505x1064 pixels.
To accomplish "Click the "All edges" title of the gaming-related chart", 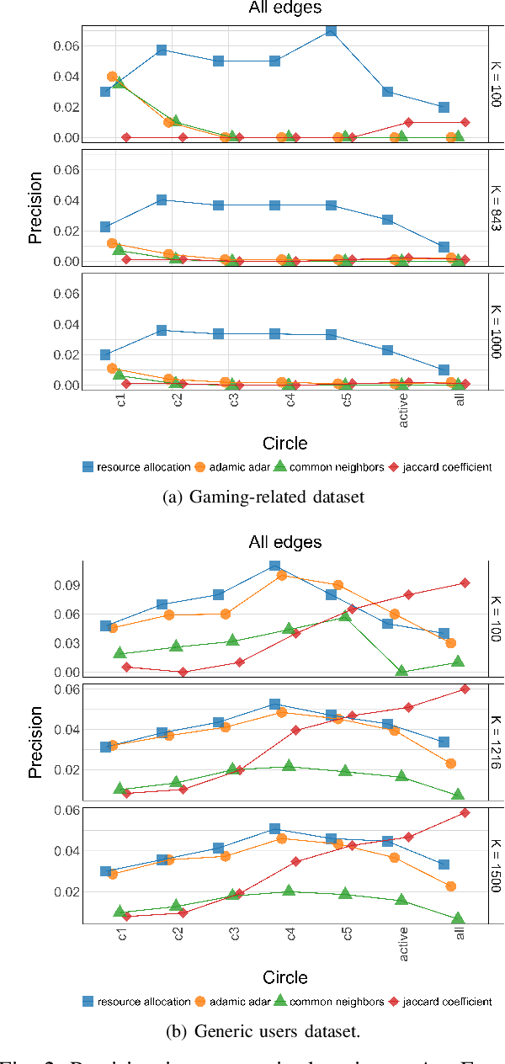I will pyautogui.click(x=284, y=8).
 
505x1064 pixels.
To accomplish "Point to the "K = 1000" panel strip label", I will pyautogui.click(x=497, y=329).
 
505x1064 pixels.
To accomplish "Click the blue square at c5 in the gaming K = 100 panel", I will pyautogui.click(x=332, y=30).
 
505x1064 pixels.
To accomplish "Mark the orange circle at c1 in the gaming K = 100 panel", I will pyautogui.click(x=112, y=77).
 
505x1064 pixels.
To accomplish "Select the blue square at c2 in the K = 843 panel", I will pyautogui.click(x=161, y=200).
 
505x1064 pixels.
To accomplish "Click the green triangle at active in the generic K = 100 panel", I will pyautogui.click(x=402, y=671).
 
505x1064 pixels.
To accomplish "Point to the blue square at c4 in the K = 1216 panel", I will pyautogui.click(x=274, y=704).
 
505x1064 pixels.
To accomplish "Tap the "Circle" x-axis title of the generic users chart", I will pyautogui.click(x=284, y=977).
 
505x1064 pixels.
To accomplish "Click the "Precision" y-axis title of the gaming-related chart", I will pyautogui.click(x=35, y=207).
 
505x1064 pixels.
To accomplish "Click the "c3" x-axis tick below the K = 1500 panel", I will pyautogui.click(x=233, y=937).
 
